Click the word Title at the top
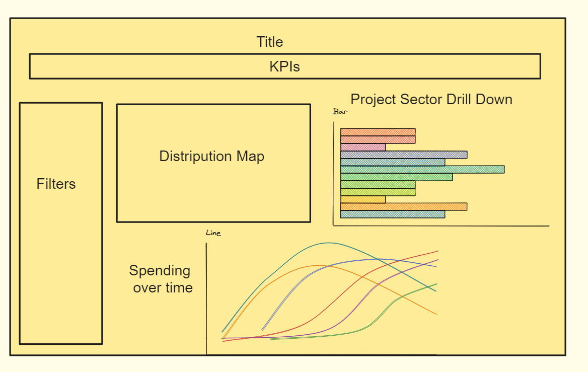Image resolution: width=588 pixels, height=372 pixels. pyautogui.click(x=270, y=42)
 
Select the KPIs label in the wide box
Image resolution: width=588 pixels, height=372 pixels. pyautogui.click(x=284, y=67)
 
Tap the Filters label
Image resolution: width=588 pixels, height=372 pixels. pyautogui.click(x=56, y=184)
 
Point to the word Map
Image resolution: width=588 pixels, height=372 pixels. pyautogui.click(x=251, y=157)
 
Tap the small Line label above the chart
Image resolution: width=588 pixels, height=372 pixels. pyautogui.click(x=213, y=233)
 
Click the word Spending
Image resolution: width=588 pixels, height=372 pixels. pyautogui.click(x=160, y=271)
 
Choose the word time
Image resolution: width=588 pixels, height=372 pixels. pyautogui.click(x=180, y=288)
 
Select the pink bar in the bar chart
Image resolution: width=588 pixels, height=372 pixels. pyautogui.click(x=363, y=147)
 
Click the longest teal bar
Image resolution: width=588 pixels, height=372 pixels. pyautogui.click(x=422, y=170)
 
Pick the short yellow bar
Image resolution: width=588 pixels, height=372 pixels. pyautogui.click(x=363, y=199)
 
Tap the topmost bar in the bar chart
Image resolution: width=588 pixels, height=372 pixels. pyautogui.click(x=378, y=132)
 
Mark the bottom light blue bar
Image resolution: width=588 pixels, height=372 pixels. pyautogui.click(x=392, y=214)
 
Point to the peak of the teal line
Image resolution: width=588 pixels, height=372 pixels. pyautogui.click(x=328, y=243)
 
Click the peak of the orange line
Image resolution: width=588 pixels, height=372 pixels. pyautogui.click(x=316, y=265)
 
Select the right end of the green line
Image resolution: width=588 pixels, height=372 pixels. pyautogui.click(x=436, y=284)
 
